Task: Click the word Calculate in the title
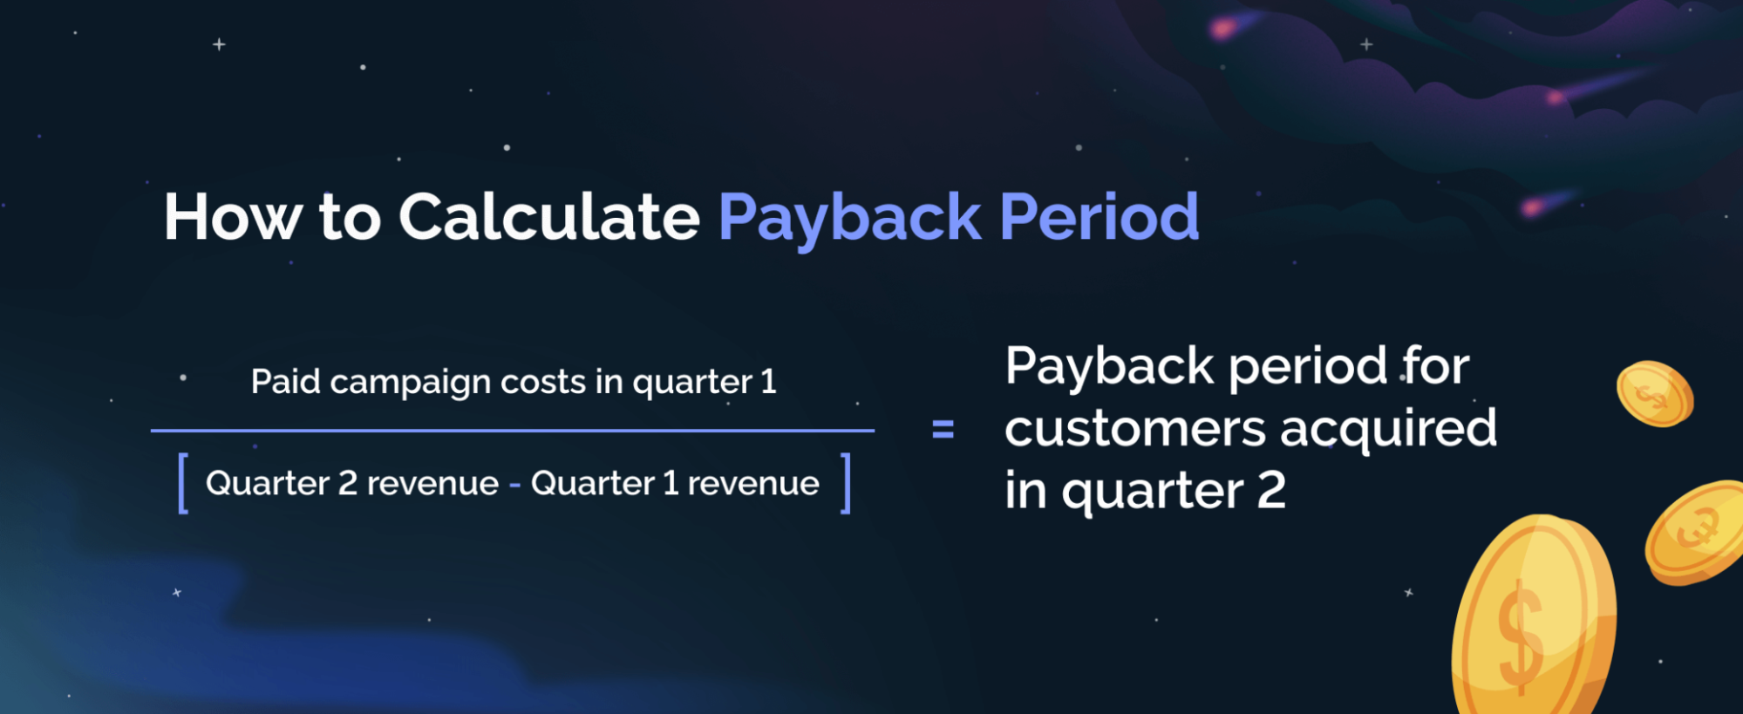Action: pyautogui.click(x=548, y=217)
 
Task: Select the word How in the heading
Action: pyautogui.click(x=232, y=217)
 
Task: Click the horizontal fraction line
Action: pyautogui.click(x=512, y=430)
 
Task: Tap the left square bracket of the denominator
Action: pyautogui.click(x=183, y=483)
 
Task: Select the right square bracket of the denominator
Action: pyautogui.click(x=844, y=483)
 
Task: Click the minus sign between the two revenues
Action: pyautogui.click(x=514, y=485)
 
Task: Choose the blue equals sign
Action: pyautogui.click(x=943, y=429)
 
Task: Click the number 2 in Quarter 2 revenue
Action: pyautogui.click(x=347, y=483)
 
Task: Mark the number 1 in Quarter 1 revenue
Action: pyautogui.click(x=671, y=483)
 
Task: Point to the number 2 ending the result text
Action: pyautogui.click(x=1270, y=490)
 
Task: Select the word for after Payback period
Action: pyautogui.click(x=1435, y=365)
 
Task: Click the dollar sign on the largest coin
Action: pyautogui.click(x=1520, y=636)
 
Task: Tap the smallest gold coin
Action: pyautogui.click(x=1654, y=394)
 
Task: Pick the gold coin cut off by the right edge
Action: pyautogui.click(x=1697, y=532)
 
